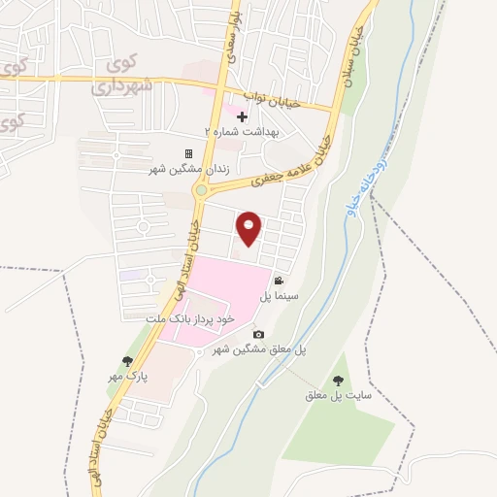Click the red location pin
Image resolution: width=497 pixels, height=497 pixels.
[249, 229]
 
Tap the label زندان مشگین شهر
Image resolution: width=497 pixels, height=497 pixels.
[188, 169]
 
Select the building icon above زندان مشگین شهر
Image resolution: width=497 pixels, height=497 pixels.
[188, 153]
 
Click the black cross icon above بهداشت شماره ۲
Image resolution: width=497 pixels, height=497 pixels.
[242, 116]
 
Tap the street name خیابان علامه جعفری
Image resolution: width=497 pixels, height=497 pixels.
[292, 160]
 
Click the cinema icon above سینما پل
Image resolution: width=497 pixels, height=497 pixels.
[279, 280]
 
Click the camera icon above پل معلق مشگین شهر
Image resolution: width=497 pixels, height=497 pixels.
[258, 335]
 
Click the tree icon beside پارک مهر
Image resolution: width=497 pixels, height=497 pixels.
[127, 361]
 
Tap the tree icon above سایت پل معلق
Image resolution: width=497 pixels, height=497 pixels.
[338, 381]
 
